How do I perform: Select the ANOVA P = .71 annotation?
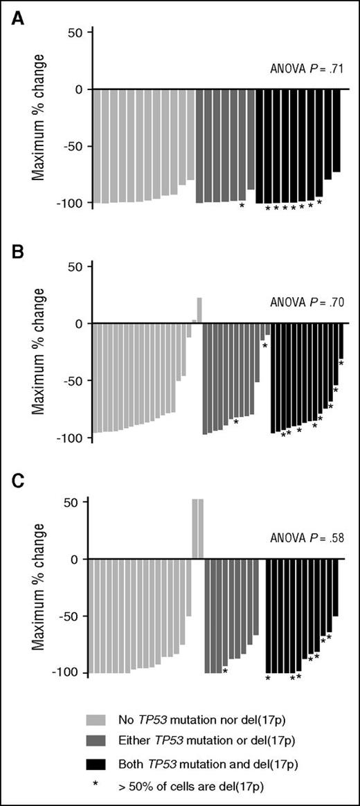tap(305, 69)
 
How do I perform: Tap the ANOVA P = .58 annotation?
tap(305, 536)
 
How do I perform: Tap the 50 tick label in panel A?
tap(75, 33)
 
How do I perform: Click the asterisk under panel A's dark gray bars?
tap(242, 205)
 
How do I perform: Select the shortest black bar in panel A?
tap(336, 131)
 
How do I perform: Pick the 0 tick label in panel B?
tap(78, 323)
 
